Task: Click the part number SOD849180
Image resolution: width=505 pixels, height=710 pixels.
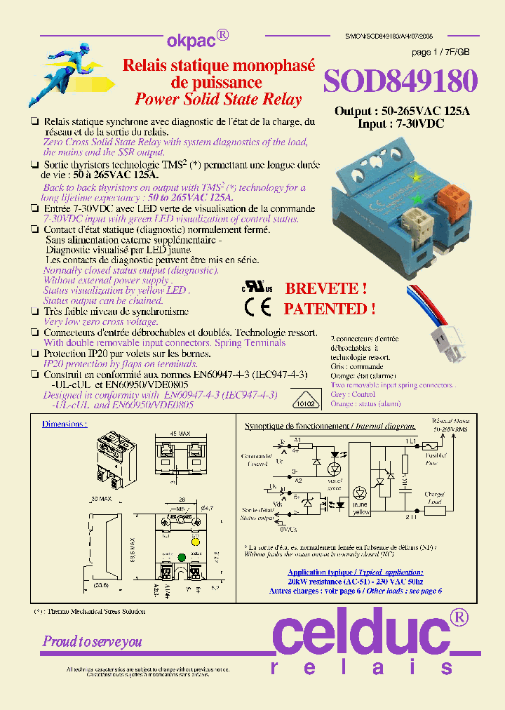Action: click(x=400, y=81)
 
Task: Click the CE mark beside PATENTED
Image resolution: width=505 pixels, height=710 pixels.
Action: click(x=257, y=308)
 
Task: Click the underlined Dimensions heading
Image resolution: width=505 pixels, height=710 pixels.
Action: click(x=65, y=424)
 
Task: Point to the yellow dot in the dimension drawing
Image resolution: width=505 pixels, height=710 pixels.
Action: click(x=196, y=542)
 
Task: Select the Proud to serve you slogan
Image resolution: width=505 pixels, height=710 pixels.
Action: click(x=93, y=641)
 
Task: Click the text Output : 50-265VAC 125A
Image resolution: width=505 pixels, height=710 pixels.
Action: click(x=402, y=112)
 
